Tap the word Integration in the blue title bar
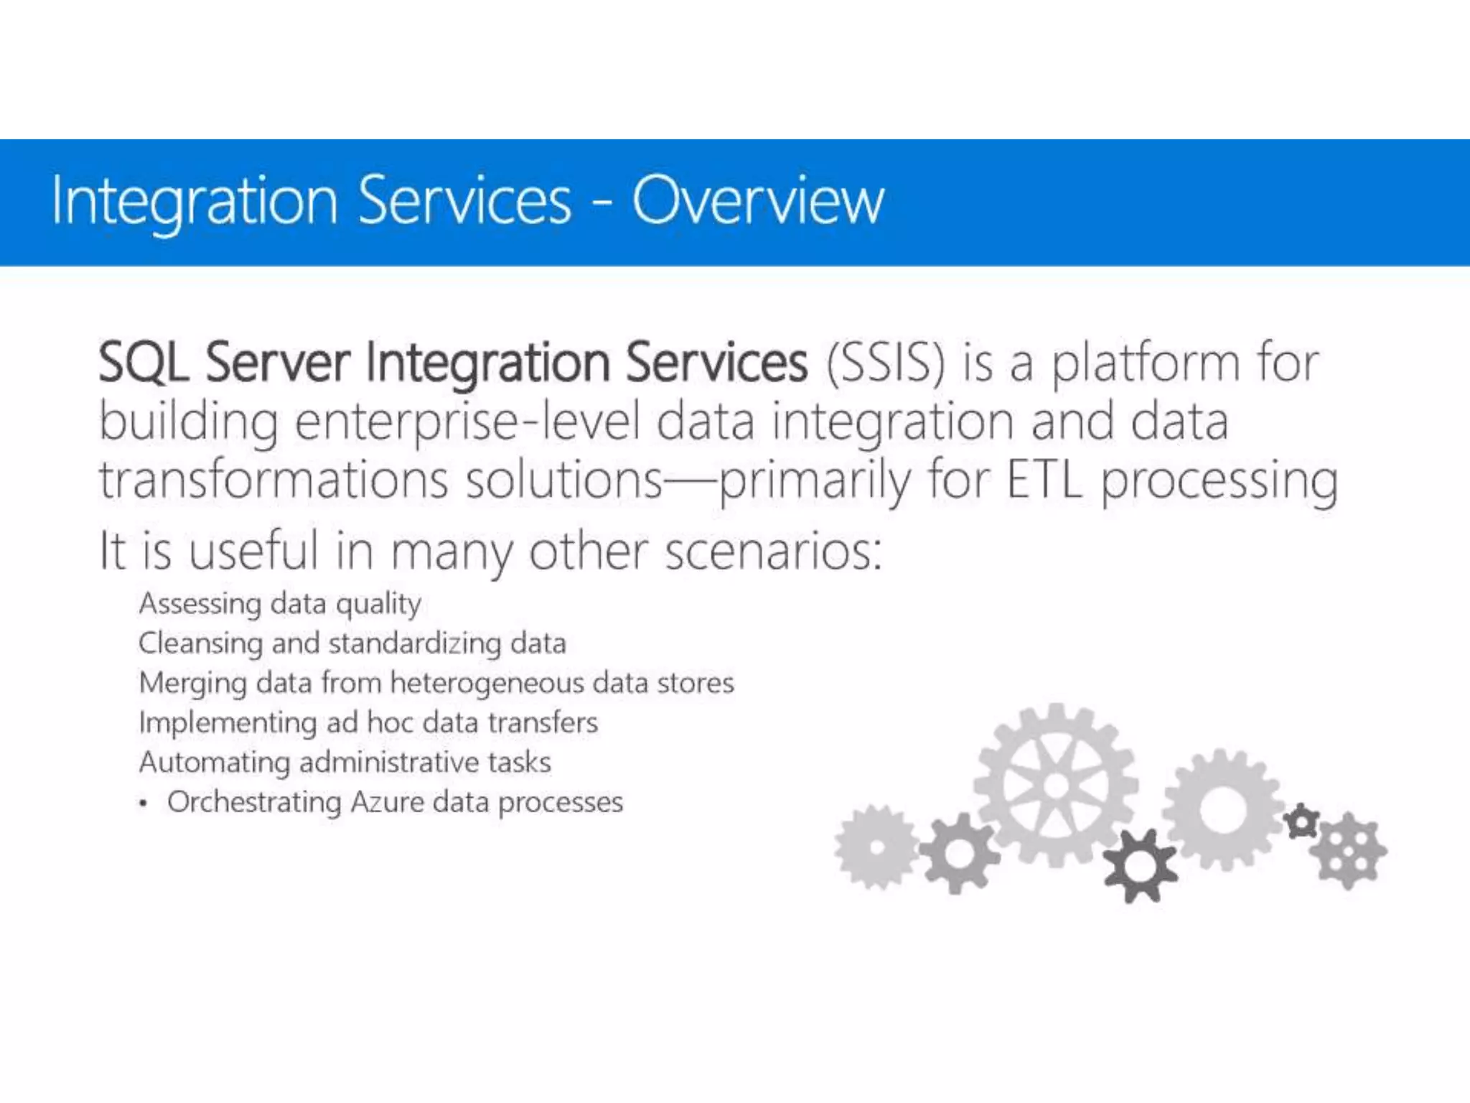[194, 202]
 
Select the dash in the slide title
[601, 204]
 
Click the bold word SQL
[143, 362]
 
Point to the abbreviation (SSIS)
[885, 363]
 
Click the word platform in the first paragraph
[1145, 363]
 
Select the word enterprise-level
[467, 422]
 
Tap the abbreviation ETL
[1044, 480]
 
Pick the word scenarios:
[774, 551]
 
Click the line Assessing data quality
[280, 604]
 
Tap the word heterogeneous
[487, 682]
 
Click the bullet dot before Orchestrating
[144, 804]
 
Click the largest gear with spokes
[1055, 785]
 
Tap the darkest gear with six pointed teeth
[1141, 866]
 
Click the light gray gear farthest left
[876, 848]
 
